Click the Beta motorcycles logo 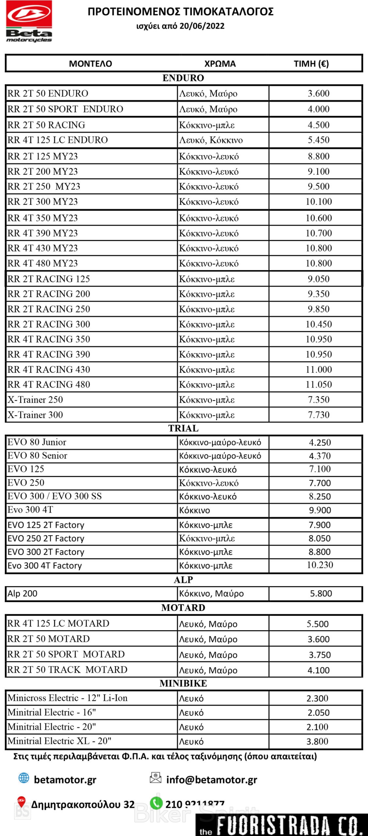point(29,21)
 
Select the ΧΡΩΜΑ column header point(220,64)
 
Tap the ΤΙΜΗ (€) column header point(311,64)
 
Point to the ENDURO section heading point(183,78)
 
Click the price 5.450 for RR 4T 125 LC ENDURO point(318,140)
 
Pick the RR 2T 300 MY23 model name point(43,202)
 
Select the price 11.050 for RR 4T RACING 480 point(318,385)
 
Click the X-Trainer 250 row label point(35,400)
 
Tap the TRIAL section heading point(183,428)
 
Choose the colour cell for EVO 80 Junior point(220,442)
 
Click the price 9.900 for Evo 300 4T point(320,510)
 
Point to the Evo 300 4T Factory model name point(45,566)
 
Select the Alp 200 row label point(23,593)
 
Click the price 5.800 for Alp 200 point(321,593)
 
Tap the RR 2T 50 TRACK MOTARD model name point(67,670)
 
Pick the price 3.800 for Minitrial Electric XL point(317,742)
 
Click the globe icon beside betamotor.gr point(24,778)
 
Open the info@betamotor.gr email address point(212,780)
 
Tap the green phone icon point(156,803)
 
